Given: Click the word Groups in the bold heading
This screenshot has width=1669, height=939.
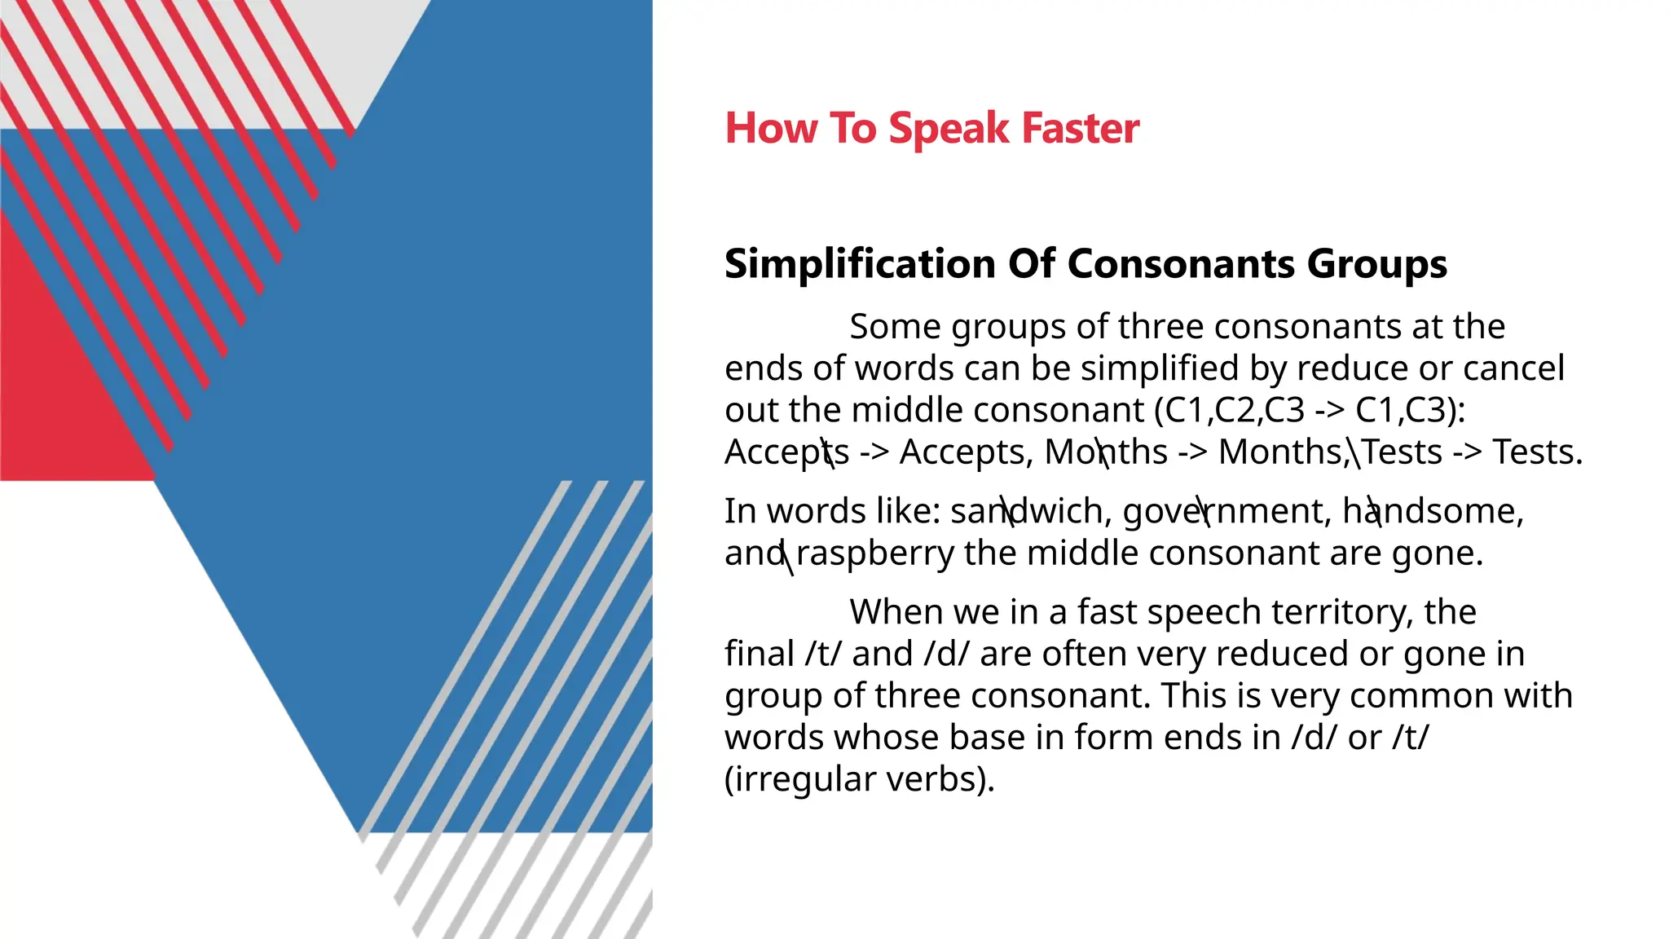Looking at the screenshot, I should pos(1376,264).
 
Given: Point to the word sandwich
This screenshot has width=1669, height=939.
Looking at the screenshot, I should pos(1027,512).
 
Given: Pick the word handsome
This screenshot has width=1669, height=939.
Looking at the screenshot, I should pos(1431,512).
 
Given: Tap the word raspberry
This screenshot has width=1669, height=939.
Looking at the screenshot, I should pos(874,554).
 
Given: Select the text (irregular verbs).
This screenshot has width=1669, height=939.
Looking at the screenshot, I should pos(859,779).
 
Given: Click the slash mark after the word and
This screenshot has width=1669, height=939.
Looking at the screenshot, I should pos(786,557).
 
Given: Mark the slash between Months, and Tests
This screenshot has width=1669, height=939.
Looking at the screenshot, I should pos(1354,452).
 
